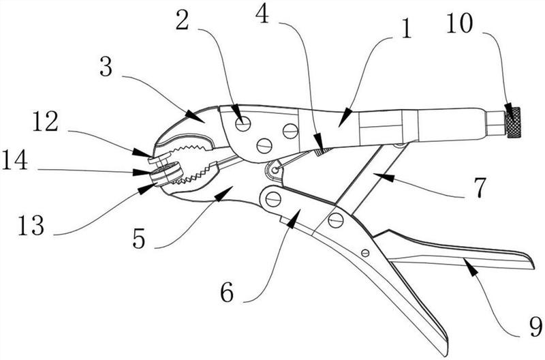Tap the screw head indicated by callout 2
click(x=243, y=123)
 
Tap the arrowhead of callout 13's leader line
click(x=142, y=186)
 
